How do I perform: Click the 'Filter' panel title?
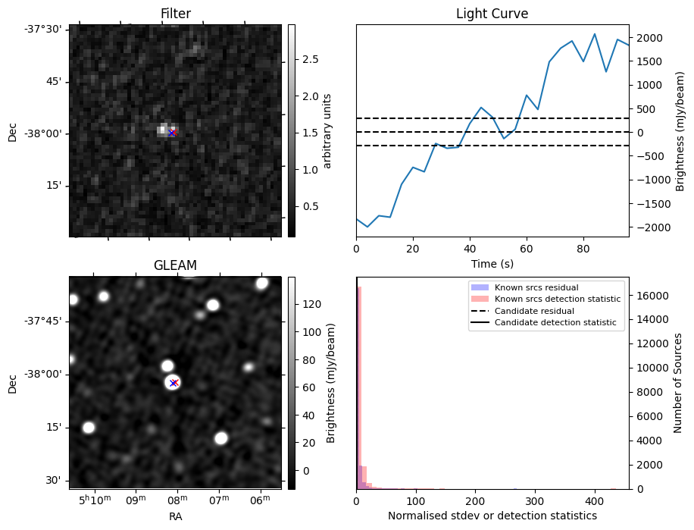click(175, 14)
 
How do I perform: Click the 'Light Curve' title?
click(492, 14)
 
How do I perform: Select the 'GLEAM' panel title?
click(175, 265)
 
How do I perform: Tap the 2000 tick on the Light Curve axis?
click(651, 38)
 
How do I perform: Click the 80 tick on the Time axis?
click(583, 248)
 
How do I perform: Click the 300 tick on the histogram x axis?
click(535, 500)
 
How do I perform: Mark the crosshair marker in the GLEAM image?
click(173, 383)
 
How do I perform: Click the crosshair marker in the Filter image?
click(172, 133)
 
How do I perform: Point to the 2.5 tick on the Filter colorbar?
click(310, 59)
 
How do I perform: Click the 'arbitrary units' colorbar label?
click(327, 130)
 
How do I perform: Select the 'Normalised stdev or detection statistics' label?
click(492, 516)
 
